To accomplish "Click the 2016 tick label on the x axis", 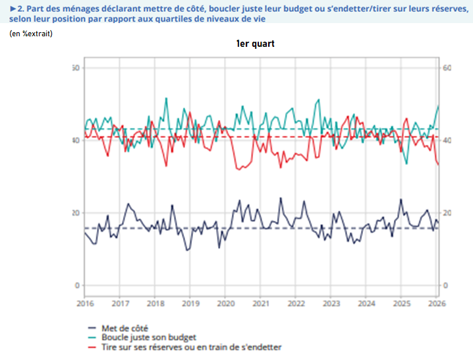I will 85,304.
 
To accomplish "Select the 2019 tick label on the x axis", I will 190,304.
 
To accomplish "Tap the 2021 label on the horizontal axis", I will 261,304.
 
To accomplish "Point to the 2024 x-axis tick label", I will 367,304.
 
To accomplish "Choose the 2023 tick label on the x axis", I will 331,304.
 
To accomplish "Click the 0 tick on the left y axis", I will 77,285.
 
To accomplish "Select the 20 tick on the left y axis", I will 75,213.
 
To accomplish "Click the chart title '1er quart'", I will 256,44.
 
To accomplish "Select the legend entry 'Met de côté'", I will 125,328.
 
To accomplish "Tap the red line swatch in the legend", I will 92,347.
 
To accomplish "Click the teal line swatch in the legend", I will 92,337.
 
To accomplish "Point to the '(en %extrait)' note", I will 31,34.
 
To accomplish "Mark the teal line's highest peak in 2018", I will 166,98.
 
